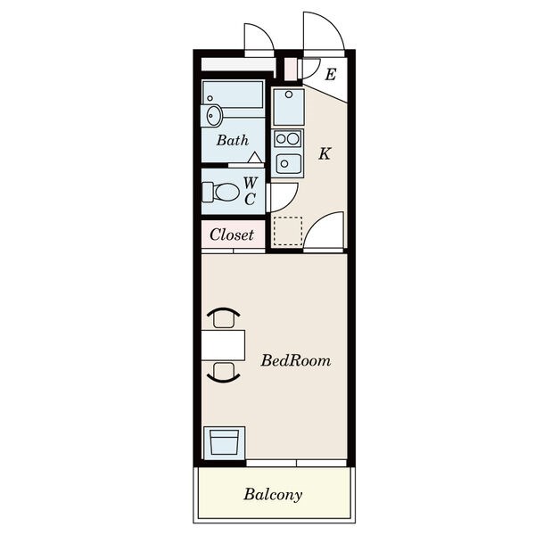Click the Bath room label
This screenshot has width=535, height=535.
pyautogui.click(x=233, y=140)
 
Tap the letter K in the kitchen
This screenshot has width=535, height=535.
pyautogui.click(x=325, y=153)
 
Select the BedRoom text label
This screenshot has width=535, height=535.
pyautogui.click(x=296, y=360)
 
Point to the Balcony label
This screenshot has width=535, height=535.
pyautogui.click(x=273, y=495)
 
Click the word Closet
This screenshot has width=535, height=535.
pyautogui.click(x=232, y=235)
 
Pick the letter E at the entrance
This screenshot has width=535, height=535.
pyautogui.click(x=331, y=74)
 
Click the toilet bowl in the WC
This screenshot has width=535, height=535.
pyautogui.click(x=221, y=192)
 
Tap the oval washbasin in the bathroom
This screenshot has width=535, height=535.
pyautogui.click(x=211, y=116)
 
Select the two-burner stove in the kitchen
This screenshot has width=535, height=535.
pyautogui.click(x=288, y=138)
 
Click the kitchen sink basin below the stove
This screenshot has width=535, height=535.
pyautogui.click(x=289, y=164)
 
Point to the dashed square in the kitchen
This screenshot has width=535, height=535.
pyautogui.click(x=288, y=231)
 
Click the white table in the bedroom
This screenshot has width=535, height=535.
pyautogui.click(x=223, y=345)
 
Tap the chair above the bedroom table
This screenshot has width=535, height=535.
pyautogui.click(x=224, y=317)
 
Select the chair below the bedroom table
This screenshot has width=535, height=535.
pyautogui.click(x=224, y=372)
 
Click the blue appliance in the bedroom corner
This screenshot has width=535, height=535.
pyautogui.click(x=224, y=443)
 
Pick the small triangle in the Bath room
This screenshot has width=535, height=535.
pyautogui.click(x=255, y=158)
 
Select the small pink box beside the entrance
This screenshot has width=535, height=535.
pyautogui.click(x=291, y=70)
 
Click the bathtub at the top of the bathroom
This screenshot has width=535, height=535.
pyautogui.click(x=233, y=95)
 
